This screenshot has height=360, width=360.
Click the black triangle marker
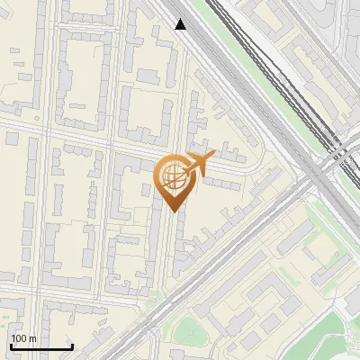[181, 24]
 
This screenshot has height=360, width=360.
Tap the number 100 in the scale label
[20, 338]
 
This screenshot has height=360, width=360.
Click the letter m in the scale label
[32, 338]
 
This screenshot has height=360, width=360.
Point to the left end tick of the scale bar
[10, 346]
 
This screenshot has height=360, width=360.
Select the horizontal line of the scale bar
[40, 347]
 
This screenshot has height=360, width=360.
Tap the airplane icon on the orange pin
[203, 163]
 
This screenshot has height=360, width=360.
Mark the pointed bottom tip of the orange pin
[173, 211]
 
